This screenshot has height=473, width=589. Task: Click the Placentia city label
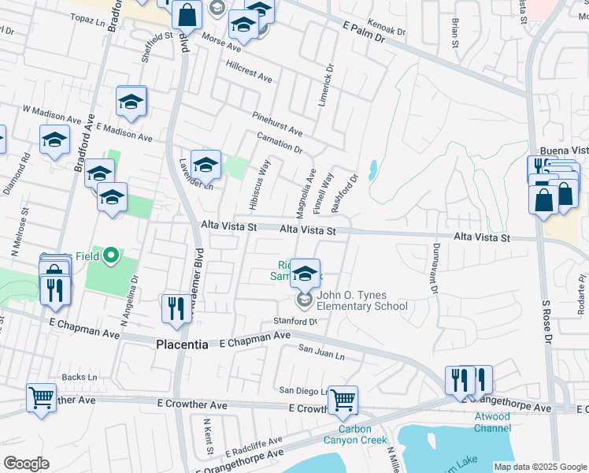182,345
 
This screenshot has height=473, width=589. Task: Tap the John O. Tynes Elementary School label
361,301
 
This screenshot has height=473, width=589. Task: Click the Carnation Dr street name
280,143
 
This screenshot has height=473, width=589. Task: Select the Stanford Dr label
294,321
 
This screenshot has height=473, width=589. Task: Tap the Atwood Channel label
492,423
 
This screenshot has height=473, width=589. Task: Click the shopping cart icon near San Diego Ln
343,400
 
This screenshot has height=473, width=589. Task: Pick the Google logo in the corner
26,463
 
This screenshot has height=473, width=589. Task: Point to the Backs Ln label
79,378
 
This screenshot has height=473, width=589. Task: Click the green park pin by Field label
111,255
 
